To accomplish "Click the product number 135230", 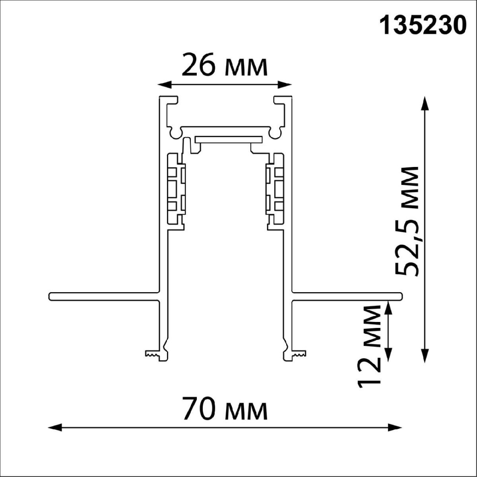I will [423, 26].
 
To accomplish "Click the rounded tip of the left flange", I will [51, 296].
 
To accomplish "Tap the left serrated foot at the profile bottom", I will [152, 354].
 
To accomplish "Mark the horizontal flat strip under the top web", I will [229, 139].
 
